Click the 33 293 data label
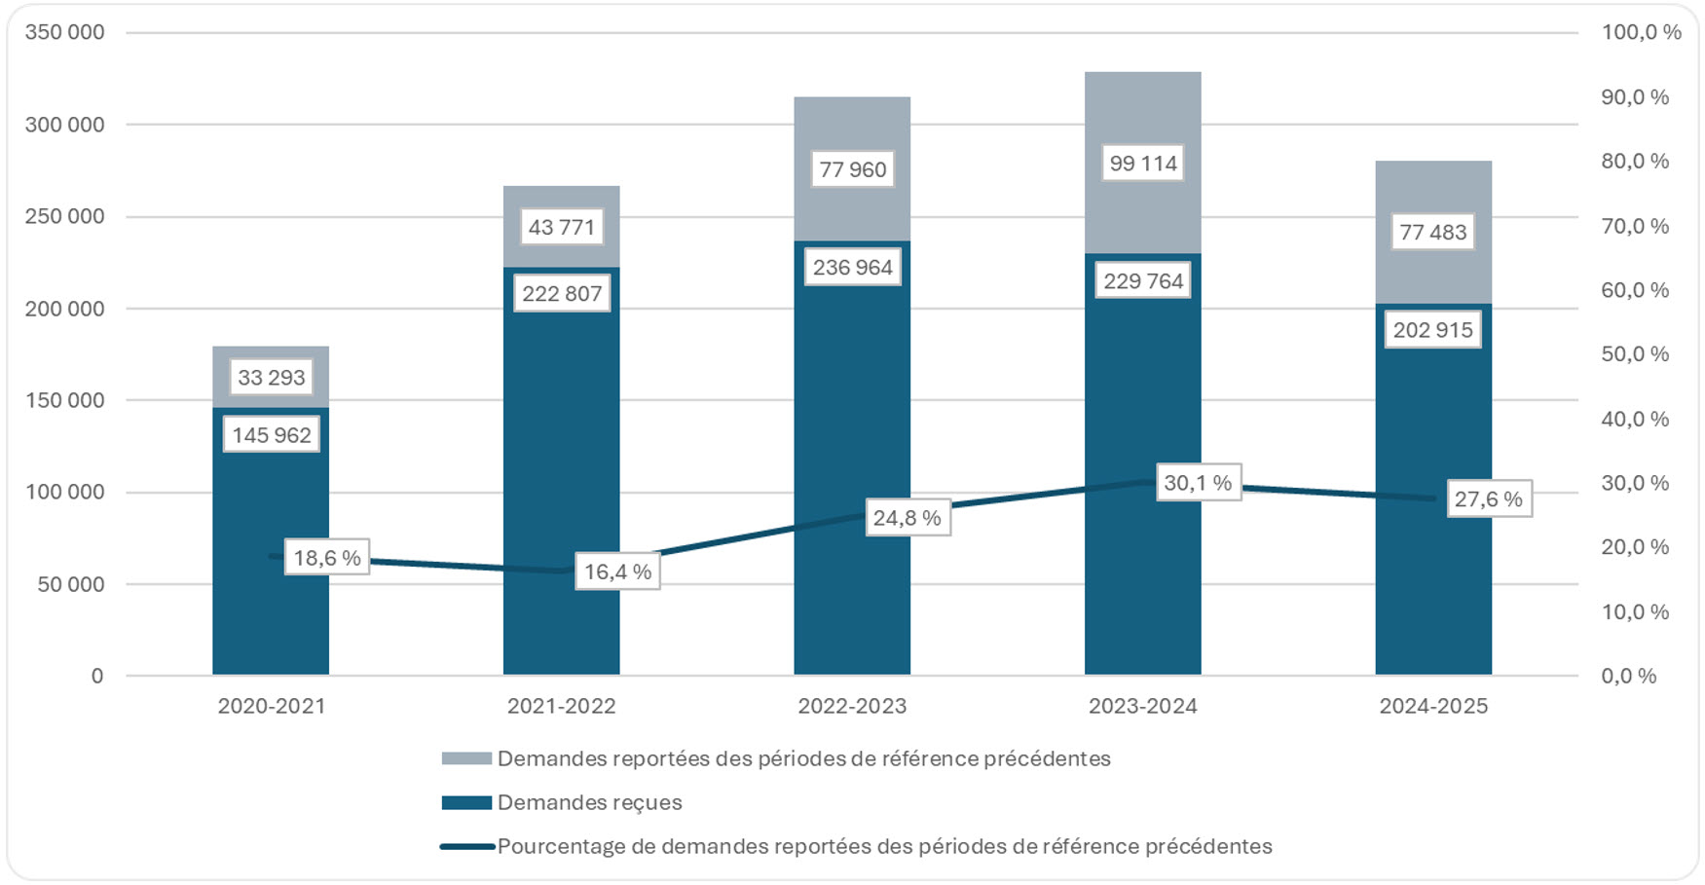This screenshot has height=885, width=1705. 271,378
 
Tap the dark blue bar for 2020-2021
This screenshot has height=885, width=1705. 271,584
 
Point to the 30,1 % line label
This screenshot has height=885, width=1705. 1198,483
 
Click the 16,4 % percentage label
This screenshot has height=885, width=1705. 617,572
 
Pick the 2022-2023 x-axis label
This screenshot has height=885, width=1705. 852,707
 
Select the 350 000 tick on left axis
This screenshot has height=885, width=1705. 64,32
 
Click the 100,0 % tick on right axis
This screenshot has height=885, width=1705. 1641,32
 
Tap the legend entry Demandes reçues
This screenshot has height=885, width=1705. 589,802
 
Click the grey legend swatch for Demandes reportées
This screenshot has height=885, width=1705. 466,758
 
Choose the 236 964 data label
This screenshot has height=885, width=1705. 852,268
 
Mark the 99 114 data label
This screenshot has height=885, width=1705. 1143,164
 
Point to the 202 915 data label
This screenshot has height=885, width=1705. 1432,330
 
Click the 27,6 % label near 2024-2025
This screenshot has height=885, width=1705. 1488,499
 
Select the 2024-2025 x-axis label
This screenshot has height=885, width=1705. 1432,707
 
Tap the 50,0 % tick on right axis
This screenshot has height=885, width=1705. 1635,354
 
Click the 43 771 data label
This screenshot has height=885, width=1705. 561,228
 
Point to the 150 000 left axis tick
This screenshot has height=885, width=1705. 64,400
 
